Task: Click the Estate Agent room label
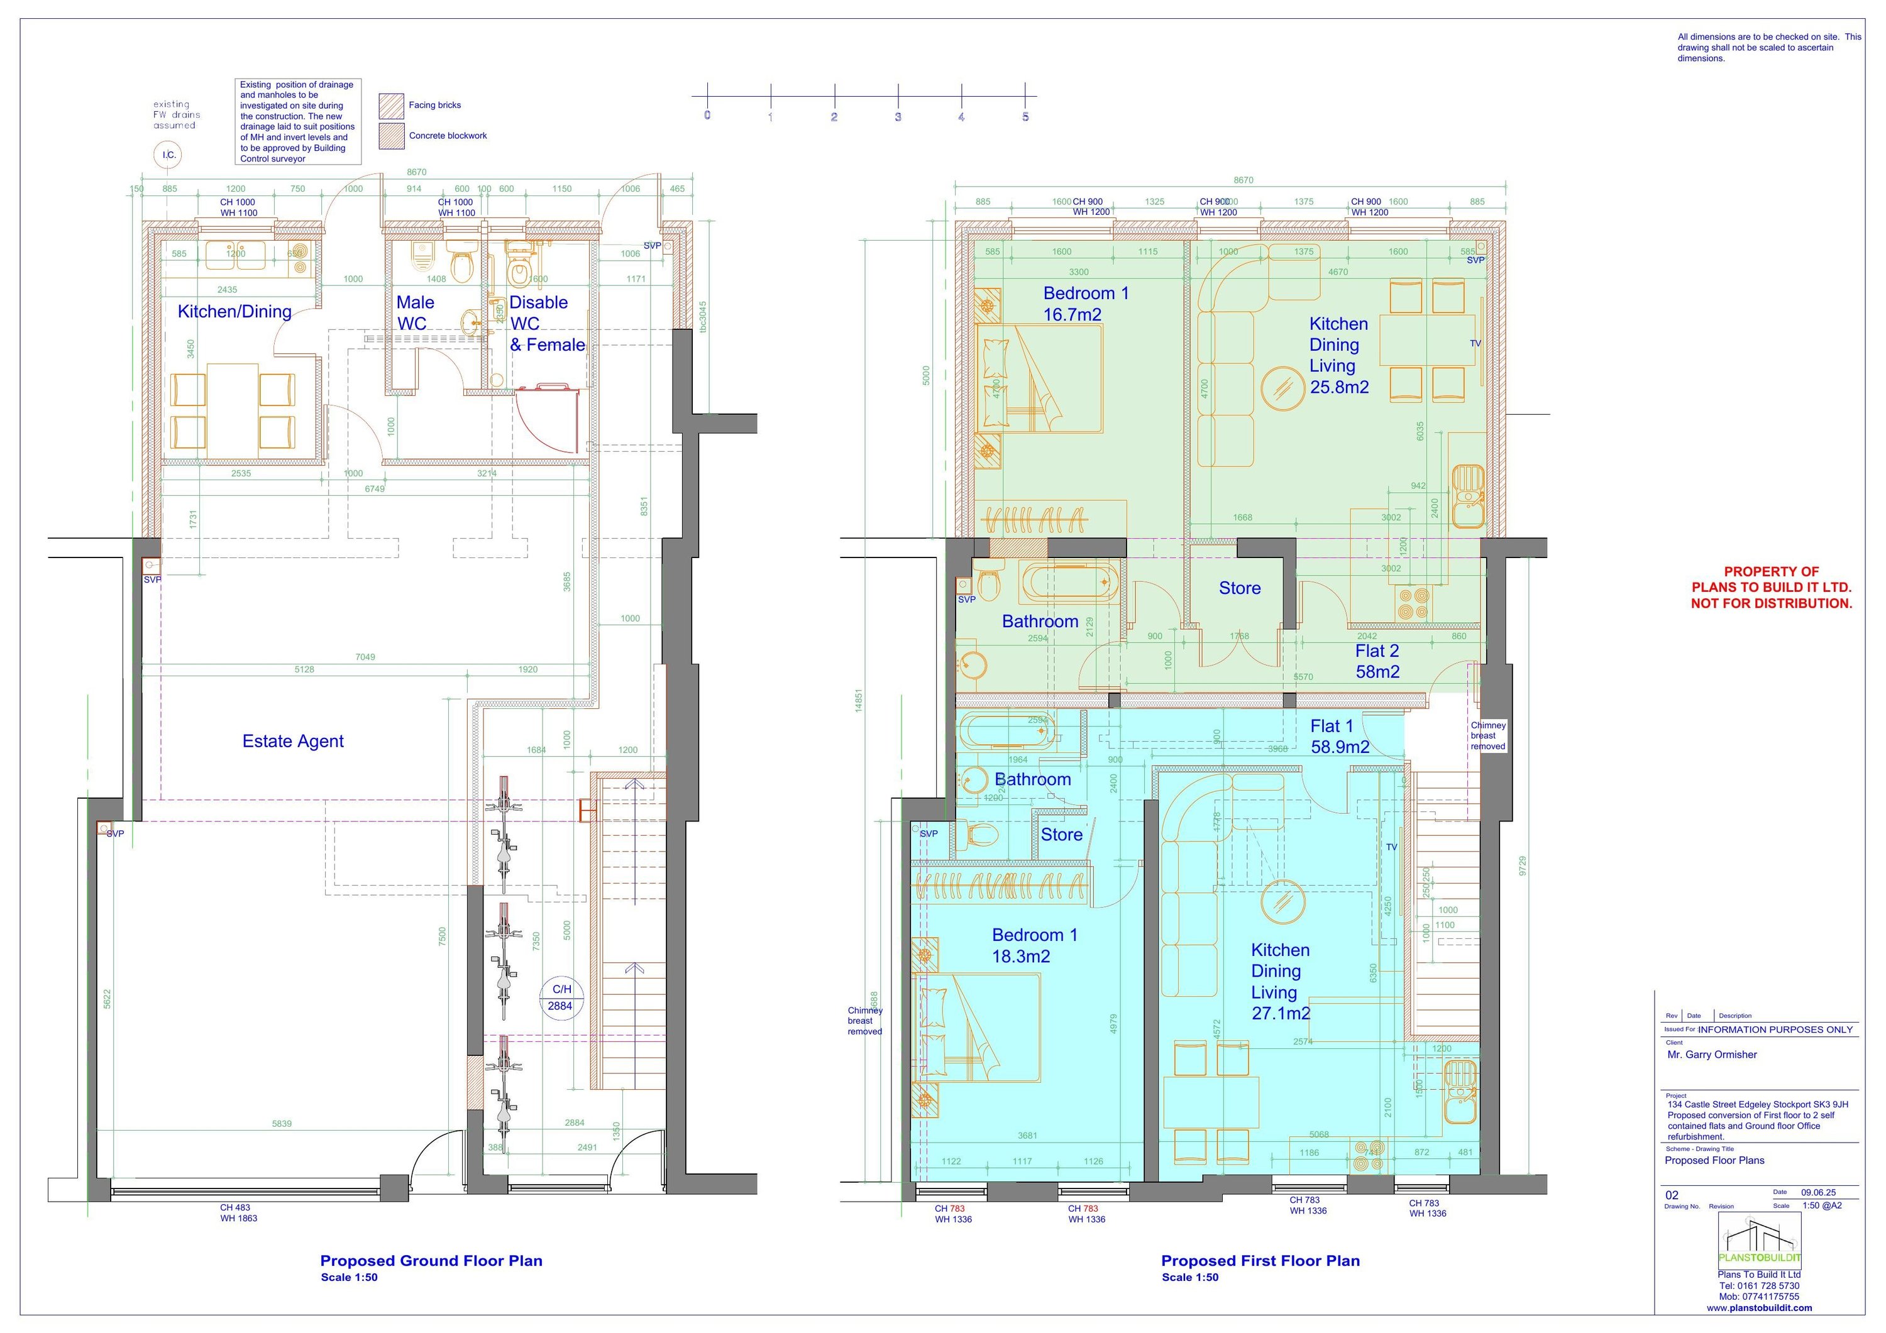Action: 292,741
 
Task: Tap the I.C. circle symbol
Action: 168,155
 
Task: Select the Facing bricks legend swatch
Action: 391,106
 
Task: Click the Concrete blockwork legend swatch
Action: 391,136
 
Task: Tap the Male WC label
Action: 415,313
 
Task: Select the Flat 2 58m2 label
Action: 1377,661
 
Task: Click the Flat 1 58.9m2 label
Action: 1339,736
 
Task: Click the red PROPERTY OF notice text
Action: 1771,587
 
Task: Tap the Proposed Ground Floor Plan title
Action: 431,1261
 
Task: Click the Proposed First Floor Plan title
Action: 1260,1261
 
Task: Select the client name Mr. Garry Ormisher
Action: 1712,1055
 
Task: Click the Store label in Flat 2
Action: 1240,588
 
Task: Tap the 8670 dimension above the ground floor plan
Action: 416,172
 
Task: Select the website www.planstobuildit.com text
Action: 1758,1307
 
